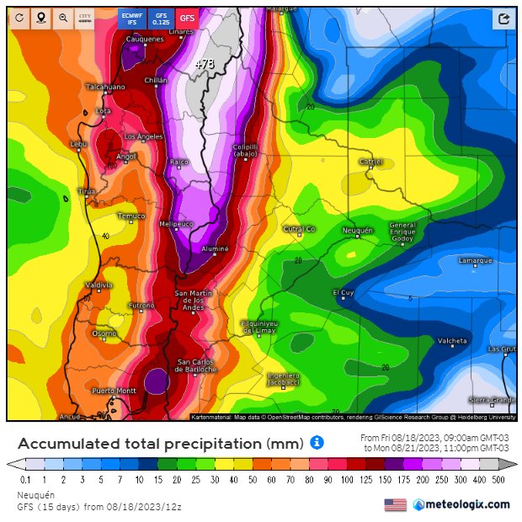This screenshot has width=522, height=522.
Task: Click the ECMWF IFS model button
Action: point(132,18)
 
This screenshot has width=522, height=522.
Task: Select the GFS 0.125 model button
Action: point(160,18)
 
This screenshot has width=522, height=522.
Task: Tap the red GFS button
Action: point(187,18)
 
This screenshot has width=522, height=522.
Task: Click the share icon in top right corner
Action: point(503,19)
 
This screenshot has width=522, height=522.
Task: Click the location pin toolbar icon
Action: point(40,18)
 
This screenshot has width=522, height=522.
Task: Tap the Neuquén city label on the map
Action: point(357,230)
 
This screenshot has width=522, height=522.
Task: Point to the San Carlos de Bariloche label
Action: point(196,365)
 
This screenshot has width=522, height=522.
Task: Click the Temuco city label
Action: point(130,216)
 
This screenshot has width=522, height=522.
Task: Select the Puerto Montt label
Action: point(114,391)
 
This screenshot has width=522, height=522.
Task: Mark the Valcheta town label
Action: point(452,341)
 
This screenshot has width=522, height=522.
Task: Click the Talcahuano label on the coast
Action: point(105,87)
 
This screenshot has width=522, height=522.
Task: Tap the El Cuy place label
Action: point(344,292)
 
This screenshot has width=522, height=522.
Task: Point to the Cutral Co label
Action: point(299,229)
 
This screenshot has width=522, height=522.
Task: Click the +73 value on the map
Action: point(205,64)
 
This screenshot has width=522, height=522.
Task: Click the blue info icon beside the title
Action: point(317,442)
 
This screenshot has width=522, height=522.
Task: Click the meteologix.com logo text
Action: point(467,504)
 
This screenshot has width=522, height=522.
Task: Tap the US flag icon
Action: point(395,504)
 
